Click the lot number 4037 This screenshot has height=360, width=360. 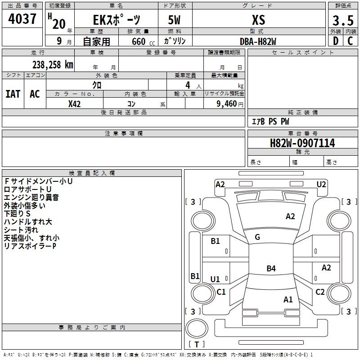[x=22, y=20]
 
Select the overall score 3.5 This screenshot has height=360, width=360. [x=343, y=21]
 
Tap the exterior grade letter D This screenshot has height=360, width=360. [x=335, y=40]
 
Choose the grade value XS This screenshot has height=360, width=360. [x=258, y=20]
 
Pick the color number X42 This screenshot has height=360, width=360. [x=75, y=104]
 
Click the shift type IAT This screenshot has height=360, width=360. [x=13, y=94]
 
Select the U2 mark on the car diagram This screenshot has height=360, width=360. [x=321, y=184]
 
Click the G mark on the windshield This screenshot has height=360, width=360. [x=257, y=237]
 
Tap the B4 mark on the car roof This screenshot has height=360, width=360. [x=271, y=269]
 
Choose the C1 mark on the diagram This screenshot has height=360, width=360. [x=221, y=292]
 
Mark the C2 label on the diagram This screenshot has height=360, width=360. [x=320, y=292]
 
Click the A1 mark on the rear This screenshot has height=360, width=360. [x=288, y=299]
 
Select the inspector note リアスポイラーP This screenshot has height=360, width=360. [x=30, y=246]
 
